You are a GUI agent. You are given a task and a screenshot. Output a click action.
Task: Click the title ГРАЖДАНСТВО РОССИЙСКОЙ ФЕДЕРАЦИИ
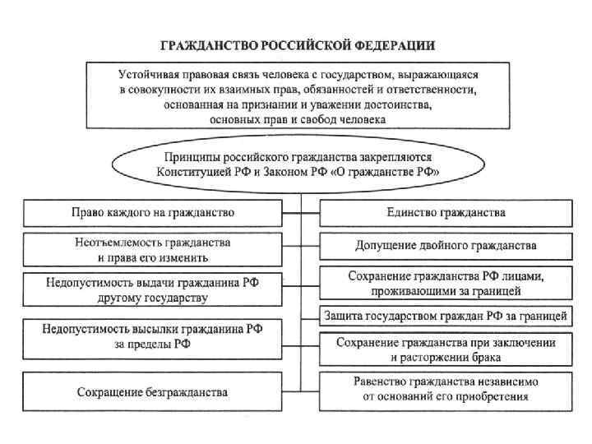coord(297,44)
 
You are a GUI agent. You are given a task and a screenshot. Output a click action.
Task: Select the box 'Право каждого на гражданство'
coord(152,213)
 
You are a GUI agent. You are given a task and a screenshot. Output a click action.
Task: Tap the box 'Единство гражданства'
coord(446,213)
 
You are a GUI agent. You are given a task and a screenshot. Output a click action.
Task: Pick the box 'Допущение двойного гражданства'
coord(446,245)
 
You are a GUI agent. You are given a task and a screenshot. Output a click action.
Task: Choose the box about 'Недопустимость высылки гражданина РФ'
coord(152,336)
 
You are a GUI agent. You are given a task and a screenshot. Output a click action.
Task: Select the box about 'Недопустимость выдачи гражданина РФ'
coord(152,289)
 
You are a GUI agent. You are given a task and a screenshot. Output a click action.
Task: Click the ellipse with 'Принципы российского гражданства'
coord(298,164)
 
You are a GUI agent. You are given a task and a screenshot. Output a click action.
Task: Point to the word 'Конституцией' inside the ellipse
coord(191,172)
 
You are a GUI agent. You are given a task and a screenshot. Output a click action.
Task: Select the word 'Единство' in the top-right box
coord(409,213)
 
